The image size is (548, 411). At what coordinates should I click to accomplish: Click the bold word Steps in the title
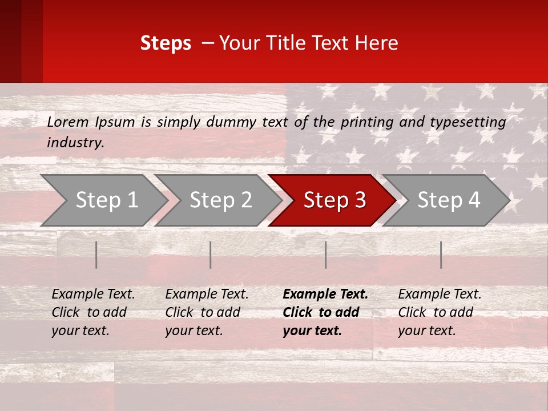point(166,43)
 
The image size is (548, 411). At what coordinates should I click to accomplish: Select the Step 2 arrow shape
point(217,200)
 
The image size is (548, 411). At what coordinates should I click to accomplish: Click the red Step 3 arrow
point(331,200)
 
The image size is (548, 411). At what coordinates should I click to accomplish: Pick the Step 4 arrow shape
point(445,200)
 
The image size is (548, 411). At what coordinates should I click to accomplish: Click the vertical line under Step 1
point(96,255)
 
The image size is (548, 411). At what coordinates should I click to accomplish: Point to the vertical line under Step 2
point(211,255)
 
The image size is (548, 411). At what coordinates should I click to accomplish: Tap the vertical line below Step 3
point(326,255)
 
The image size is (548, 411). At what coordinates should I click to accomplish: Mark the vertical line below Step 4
point(441,255)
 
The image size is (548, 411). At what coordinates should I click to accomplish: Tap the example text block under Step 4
point(440,312)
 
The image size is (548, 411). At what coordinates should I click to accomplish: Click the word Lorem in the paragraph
point(68,122)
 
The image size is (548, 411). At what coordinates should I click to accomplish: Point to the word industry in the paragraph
point(75,142)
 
